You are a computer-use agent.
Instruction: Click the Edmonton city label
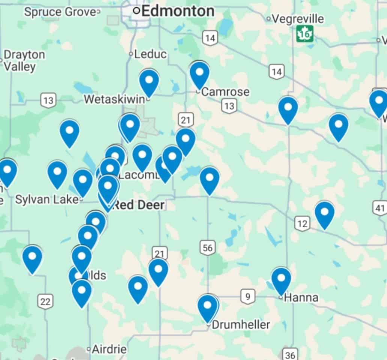point(178,11)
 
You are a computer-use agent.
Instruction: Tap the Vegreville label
point(298,18)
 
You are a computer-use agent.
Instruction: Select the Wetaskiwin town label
point(114,99)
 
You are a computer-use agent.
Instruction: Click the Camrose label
point(225,92)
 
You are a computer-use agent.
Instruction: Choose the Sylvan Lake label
point(47,199)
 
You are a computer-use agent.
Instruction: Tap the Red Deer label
point(139,205)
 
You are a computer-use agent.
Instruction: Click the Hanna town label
point(301,298)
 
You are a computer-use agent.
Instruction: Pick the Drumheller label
point(241,324)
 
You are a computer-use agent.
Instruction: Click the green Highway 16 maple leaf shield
point(305,34)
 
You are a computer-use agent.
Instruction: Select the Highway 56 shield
point(208,247)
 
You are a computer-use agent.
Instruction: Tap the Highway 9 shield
point(247,297)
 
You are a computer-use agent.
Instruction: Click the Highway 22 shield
point(45,301)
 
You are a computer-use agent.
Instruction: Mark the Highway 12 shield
point(302,224)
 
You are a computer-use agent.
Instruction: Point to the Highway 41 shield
point(380,208)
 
